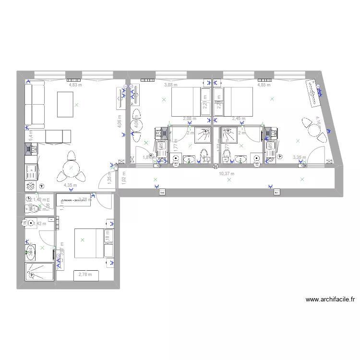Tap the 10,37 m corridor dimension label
[226, 174]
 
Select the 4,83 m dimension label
[75, 85]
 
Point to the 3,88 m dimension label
[170, 85]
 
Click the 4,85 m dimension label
[264, 85]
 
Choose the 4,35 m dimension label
[71, 184]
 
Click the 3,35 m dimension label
[300, 157]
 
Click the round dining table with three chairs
[71, 168]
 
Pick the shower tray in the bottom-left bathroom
[39, 270]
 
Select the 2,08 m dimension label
[190, 119]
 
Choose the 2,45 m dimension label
[239, 119]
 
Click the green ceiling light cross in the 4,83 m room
[76, 104]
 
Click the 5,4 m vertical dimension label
[31, 136]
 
